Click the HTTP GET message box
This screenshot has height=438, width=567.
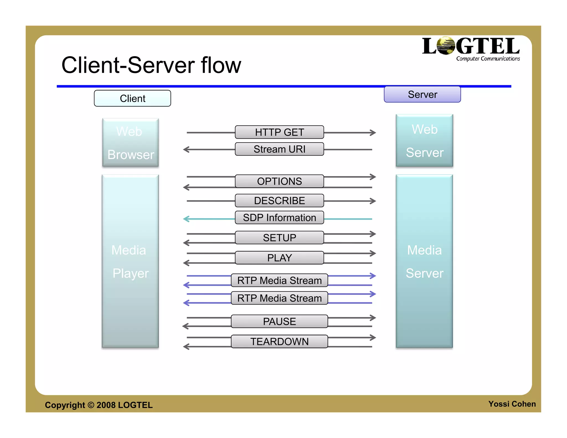tap(279, 132)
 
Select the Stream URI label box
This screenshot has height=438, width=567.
tap(279, 149)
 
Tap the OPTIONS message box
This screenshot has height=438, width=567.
tap(279, 181)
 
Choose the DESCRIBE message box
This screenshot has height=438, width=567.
tap(279, 200)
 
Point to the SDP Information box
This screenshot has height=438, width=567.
tap(279, 218)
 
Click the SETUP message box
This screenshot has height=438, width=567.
tap(279, 238)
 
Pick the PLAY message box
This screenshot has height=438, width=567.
tap(279, 258)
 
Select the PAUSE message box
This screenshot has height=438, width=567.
tap(279, 321)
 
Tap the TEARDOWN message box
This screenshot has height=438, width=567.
tap(279, 341)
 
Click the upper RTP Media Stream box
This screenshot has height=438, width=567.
tap(279, 280)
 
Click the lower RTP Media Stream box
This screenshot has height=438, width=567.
tap(279, 298)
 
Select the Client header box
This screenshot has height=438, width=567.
tap(132, 98)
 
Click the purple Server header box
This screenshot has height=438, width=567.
tap(422, 94)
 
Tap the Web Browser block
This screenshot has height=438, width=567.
tap(130, 143)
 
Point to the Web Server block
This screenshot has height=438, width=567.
tap(424, 141)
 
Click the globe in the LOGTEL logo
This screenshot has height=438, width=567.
tap(445, 46)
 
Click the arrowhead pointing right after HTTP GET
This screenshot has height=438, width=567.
tap(373, 133)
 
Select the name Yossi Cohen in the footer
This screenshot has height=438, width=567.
tap(512, 404)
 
